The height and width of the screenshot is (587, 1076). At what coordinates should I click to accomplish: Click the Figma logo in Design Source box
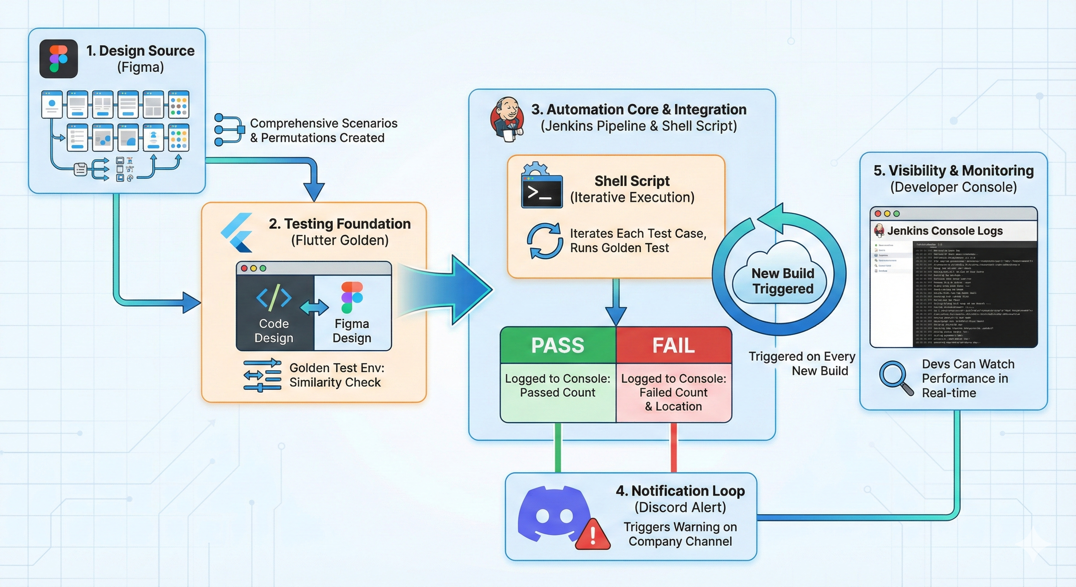[x=58, y=59]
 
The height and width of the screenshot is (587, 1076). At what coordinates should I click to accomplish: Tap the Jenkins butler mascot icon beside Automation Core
[x=507, y=120]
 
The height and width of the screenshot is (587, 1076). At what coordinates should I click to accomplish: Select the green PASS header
[x=557, y=345]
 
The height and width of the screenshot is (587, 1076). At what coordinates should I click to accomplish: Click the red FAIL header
[x=673, y=345]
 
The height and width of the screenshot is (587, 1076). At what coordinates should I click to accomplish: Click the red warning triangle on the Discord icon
[x=593, y=535]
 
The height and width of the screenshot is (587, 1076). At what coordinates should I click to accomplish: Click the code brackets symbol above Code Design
[x=274, y=297]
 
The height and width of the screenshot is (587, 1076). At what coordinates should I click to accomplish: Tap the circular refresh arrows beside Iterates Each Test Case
[x=544, y=241]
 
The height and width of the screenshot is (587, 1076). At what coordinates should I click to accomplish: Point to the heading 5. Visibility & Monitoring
[x=953, y=170]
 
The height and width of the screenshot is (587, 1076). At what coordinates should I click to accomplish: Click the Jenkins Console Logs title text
[x=945, y=230]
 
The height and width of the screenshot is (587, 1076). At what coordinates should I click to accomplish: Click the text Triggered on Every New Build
[x=802, y=363]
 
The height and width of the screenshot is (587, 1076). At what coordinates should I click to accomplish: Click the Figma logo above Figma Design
[x=352, y=297]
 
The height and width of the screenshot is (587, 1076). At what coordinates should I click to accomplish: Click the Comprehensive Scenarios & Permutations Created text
[x=323, y=130]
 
